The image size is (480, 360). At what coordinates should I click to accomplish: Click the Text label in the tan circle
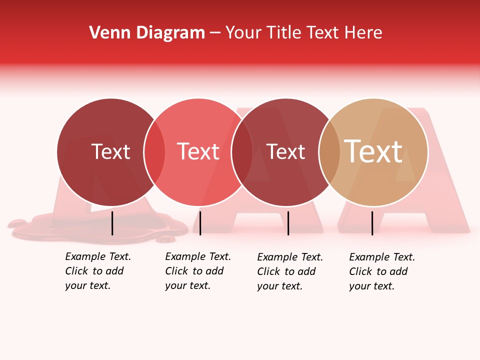(x=373, y=151)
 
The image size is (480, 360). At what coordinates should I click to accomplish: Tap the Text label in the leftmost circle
(x=110, y=152)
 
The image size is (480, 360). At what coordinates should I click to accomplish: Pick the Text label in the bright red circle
(x=198, y=151)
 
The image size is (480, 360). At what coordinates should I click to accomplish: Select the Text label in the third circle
(x=285, y=152)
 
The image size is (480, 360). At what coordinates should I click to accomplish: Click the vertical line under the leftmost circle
(x=112, y=223)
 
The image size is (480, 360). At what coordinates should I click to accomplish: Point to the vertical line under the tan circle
(x=372, y=223)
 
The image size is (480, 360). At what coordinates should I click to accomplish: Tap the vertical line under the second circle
(x=200, y=223)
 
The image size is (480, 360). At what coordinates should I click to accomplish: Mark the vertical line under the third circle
(x=288, y=223)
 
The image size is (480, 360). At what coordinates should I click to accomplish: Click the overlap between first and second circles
(x=154, y=152)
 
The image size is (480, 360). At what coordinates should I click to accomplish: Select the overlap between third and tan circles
(x=329, y=152)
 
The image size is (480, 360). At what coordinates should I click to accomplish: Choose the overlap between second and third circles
(x=242, y=152)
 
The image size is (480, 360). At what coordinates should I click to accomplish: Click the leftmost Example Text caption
(x=97, y=271)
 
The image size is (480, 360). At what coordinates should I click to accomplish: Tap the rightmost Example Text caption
(x=381, y=271)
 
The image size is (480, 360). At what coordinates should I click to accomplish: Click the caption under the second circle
(x=197, y=271)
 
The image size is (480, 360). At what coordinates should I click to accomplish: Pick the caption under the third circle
(x=289, y=271)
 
